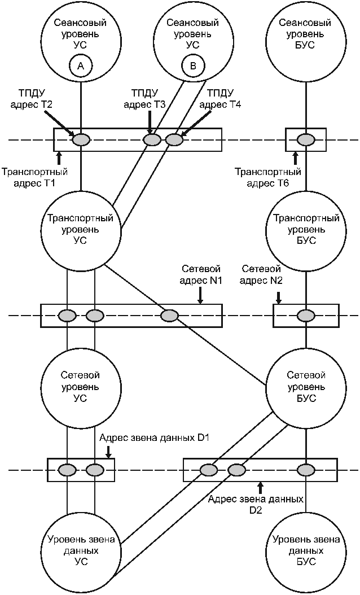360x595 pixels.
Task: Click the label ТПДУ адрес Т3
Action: (144, 99)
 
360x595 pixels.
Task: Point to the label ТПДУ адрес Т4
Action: (220, 99)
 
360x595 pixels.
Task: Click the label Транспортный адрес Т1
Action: (34, 178)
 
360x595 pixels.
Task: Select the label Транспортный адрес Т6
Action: (268, 178)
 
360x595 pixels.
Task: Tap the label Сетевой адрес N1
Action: (201, 275)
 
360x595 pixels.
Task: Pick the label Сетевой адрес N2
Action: (261, 275)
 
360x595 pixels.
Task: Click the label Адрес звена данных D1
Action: (155, 438)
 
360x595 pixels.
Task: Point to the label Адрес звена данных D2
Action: (256, 504)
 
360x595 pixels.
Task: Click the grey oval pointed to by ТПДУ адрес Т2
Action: (81, 140)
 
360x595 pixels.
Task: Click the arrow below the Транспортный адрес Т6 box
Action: (296, 158)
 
